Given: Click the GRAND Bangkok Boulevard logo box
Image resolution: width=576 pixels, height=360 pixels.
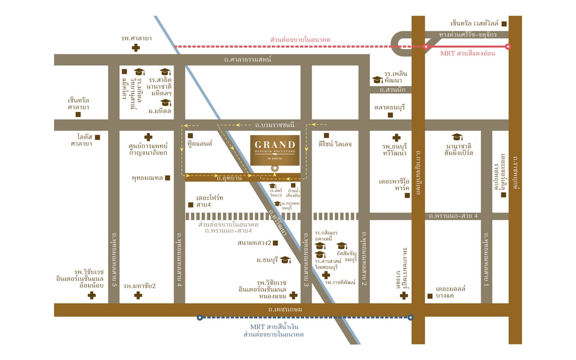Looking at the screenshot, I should (275, 149).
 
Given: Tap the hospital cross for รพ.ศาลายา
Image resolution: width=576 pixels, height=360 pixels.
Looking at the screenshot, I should (135, 48).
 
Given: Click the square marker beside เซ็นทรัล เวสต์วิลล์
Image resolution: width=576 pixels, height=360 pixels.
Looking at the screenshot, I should (504, 24).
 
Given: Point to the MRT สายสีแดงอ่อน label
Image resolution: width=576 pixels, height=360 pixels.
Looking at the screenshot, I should (468, 54).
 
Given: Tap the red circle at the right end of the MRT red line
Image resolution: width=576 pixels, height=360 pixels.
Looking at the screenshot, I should (508, 46).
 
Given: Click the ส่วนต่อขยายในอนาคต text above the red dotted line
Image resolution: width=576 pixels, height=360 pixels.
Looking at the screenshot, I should (300, 40).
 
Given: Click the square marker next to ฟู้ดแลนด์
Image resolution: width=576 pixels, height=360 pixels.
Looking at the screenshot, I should (190, 135).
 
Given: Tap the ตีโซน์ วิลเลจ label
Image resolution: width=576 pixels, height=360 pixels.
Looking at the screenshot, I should (335, 144).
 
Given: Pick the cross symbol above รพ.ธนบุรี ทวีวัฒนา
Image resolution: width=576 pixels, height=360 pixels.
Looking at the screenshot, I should (396, 138).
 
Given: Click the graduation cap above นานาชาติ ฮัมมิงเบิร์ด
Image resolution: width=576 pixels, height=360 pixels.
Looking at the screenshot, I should (457, 137).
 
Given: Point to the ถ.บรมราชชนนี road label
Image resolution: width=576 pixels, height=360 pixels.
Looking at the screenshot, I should (274, 125).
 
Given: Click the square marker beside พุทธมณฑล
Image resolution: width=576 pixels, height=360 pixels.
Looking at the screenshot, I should (167, 178).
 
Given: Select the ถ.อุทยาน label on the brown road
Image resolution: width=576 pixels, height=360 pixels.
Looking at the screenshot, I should (229, 178).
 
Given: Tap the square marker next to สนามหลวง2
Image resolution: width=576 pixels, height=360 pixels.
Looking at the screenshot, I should (275, 243).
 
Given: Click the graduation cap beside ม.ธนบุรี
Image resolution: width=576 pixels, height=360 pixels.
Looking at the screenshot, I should (285, 260).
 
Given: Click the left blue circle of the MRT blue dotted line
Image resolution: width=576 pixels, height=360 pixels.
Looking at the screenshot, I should (200, 317).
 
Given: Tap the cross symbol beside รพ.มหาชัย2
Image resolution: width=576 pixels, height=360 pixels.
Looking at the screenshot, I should (138, 295).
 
